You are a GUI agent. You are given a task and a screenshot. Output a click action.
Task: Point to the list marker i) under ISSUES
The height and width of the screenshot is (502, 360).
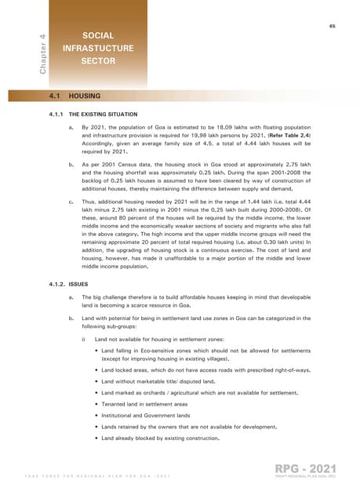click(x=84, y=338)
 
